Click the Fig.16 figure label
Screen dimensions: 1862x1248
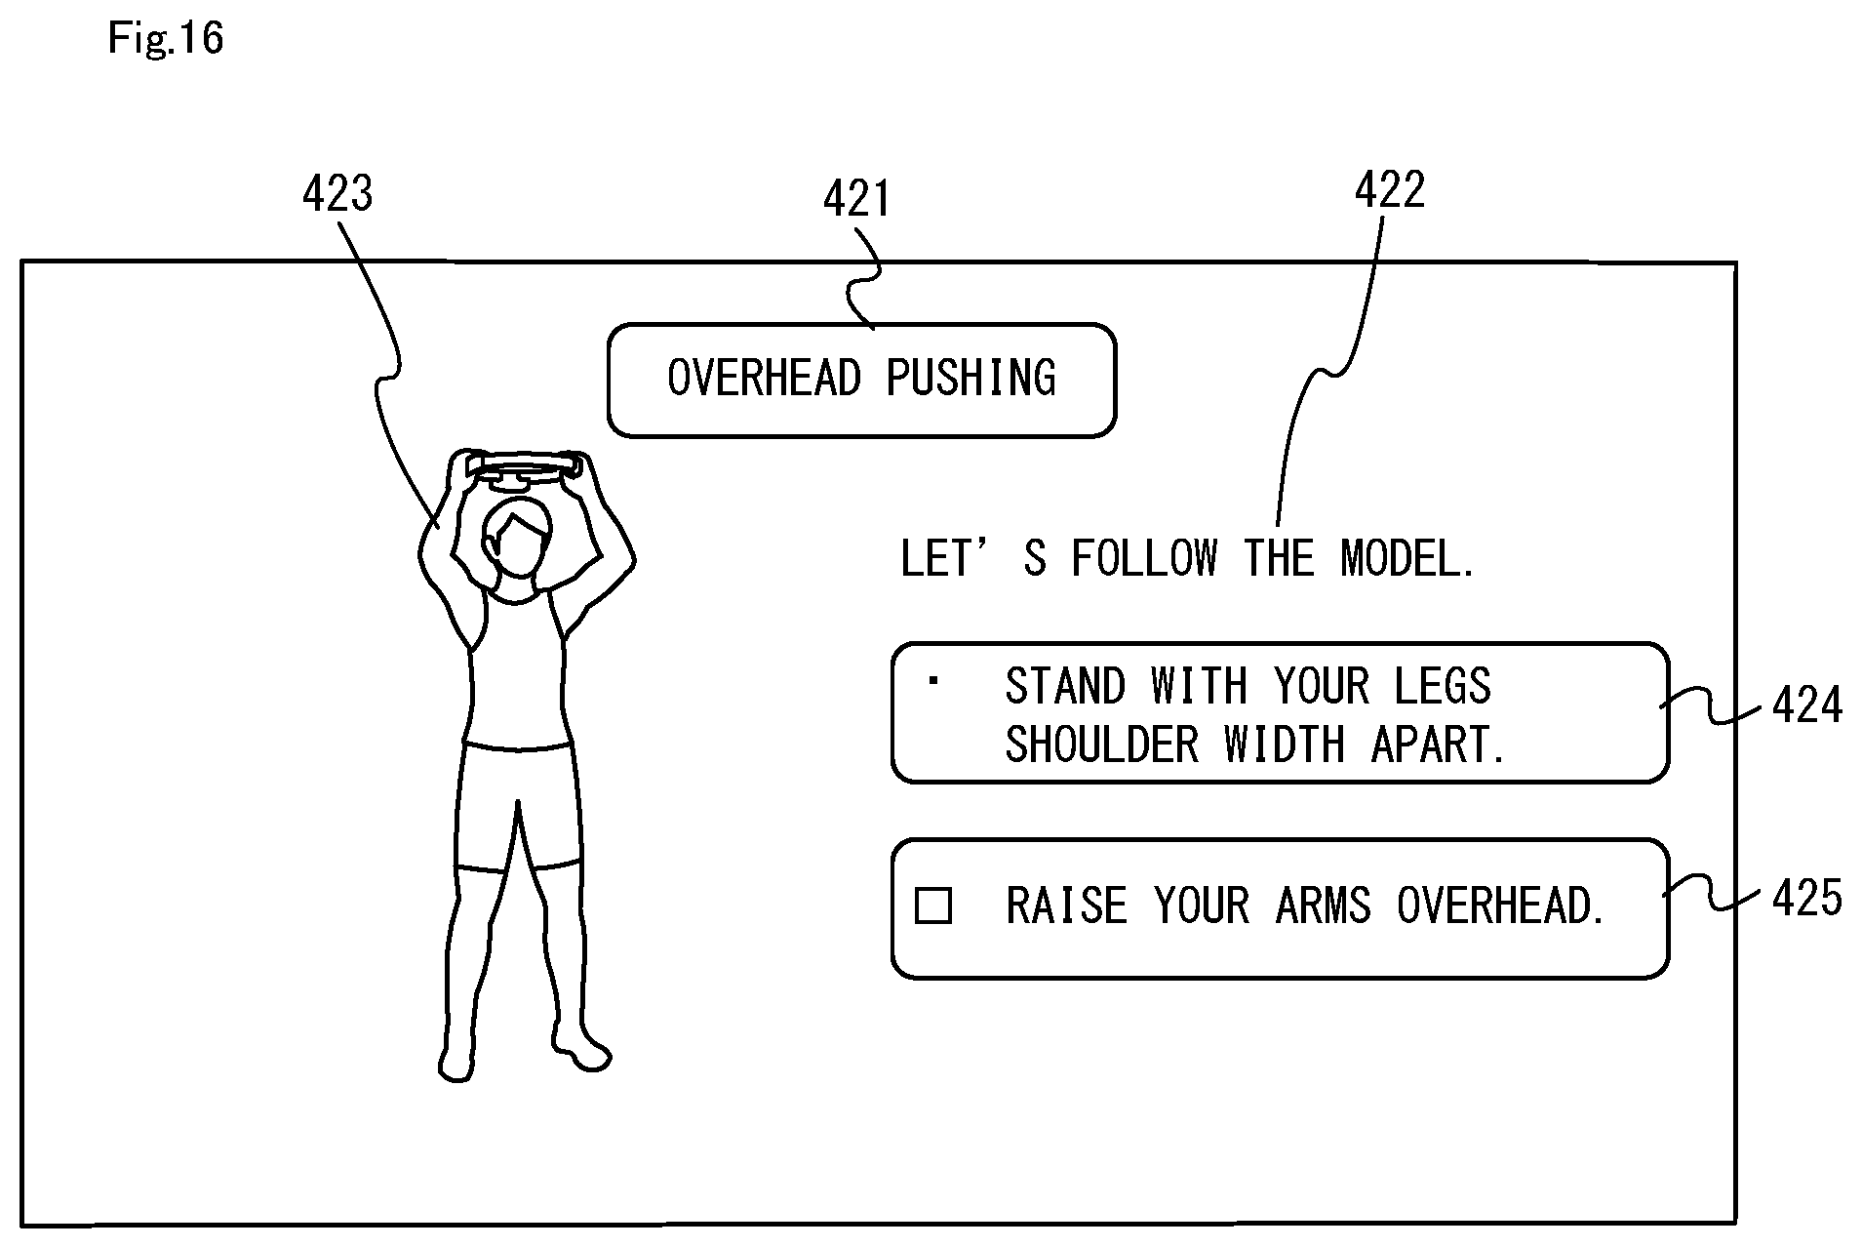[x=166, y=38]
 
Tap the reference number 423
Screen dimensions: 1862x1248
[x=337, y=194]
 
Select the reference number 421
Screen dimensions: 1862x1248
[x=857, y=200]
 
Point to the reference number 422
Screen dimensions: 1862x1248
[x=1390, y=190]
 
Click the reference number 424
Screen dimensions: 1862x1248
[x=1807, y=705]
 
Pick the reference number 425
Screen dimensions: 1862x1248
[x=1807, y=898]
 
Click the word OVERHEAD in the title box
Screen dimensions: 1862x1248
[x=765, y=379]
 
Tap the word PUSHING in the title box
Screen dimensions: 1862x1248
[x=971, y=379]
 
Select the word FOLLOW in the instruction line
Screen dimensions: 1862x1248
[x=1145, y=558]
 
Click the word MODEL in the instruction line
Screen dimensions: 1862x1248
[x=1407, y=558]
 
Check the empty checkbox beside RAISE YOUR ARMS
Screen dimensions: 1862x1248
[x=933, y=906]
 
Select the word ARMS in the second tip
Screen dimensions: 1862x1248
[x=1324, y=906]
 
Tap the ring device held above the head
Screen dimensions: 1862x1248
[x=527, y=466]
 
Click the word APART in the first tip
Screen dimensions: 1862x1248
[x=1439, y=745]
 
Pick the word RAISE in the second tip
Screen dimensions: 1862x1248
[x=1066, y=906]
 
